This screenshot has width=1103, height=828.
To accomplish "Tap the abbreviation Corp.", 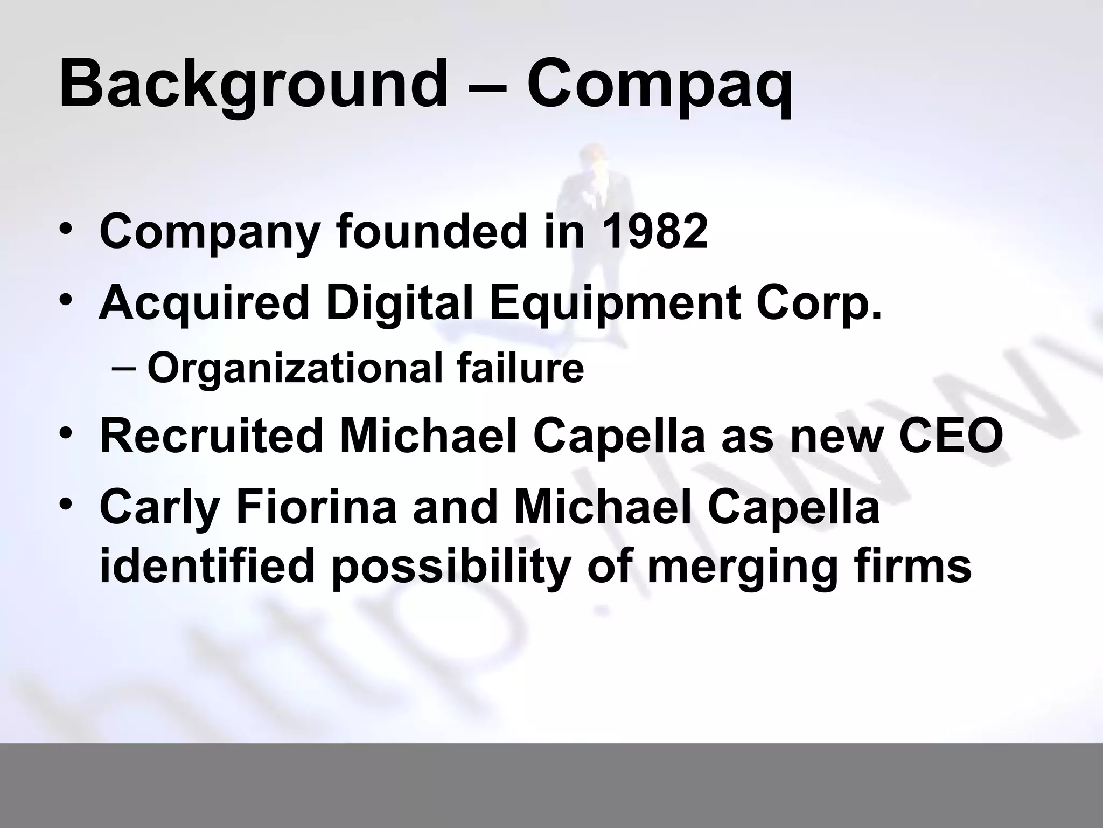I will (819, 303).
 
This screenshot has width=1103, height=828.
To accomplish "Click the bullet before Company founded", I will (66, 231).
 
